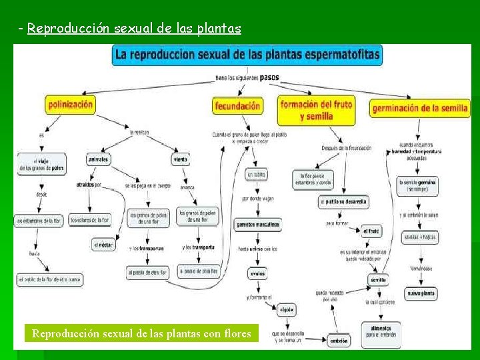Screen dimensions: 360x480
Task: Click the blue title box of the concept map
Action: [x=247, y=55]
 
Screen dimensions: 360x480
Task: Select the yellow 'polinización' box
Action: [x=70, y=105]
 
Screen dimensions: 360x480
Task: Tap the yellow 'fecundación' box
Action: [x=238, y=106]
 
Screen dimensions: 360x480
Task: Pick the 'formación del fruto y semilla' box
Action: [x=316, y=111]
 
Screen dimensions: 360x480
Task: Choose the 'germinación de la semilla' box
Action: [x=421, y=108]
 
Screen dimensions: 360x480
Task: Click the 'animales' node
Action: [x=98, y=160]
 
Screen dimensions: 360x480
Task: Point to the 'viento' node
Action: [x=180, y=160]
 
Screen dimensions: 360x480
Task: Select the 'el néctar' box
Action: [x=103, y=245]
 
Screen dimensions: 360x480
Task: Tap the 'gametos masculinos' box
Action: [x=258, y=225]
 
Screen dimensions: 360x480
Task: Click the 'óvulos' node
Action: [x=257, y=273]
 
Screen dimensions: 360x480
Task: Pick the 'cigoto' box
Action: [x=287, y=309]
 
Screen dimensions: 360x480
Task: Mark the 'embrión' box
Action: [x=338, y=341]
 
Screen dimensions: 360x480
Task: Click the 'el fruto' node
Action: [x=371, y=231]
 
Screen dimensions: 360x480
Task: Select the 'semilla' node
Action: [x=378, y=280]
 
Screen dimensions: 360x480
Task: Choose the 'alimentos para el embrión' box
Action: [x=381, y=331]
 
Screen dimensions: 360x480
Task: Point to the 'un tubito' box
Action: [x=257, y=175]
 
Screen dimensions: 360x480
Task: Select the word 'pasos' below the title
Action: [x=269, y=77]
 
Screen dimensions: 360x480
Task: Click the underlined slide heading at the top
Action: [x=134, y=29]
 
